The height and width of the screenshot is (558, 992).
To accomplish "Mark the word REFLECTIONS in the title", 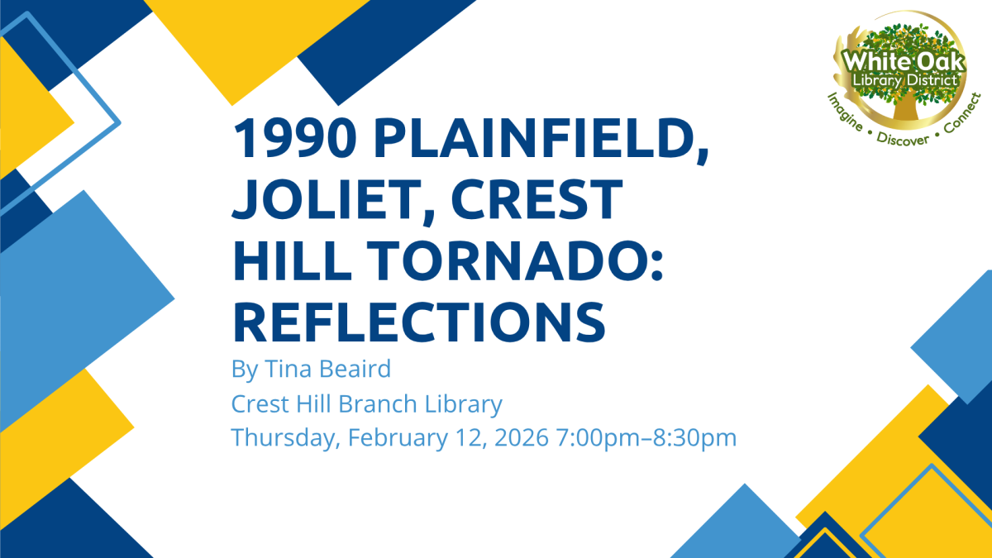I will coord(419,321).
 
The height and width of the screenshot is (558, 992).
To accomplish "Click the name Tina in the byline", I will coord(284,370).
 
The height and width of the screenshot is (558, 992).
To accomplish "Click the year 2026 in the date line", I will coord(520,437).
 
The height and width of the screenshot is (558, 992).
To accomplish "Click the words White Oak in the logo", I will coord(898,62).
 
